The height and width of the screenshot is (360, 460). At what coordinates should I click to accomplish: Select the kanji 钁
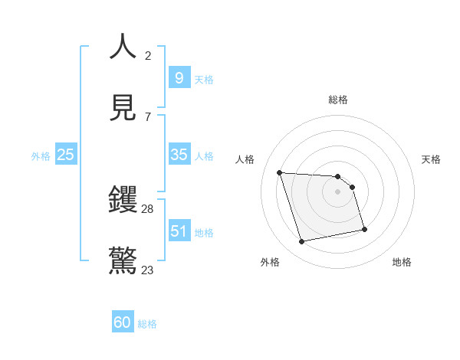click(x=123, y=201)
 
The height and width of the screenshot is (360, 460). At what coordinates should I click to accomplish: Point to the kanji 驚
click(x=123, y=260)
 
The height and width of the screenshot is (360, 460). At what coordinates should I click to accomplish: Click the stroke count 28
click(x=148, y=209)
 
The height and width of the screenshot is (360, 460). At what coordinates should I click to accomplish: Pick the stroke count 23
click(x=148, y=270)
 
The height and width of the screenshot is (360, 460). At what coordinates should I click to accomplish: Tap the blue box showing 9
click(x=179, y=78)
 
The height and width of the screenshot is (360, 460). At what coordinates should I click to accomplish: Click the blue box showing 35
click(x=179, y=155)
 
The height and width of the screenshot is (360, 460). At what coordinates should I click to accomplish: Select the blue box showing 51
click(x=179, y=231)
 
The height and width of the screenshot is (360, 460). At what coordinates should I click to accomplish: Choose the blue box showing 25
click(x=65, y=155)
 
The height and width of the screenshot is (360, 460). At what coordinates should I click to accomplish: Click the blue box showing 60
click(x=123, y=322)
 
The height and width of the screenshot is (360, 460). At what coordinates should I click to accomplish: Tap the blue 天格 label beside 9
click(x=204, y=80)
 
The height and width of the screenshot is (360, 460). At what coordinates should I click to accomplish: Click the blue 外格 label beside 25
click(x=41, y=156)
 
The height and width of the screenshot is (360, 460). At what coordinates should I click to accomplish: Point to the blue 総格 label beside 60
click(x=147, y=324)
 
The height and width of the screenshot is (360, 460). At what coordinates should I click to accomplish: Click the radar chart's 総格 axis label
click(x=338, y=100)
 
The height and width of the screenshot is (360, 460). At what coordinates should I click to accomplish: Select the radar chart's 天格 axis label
click(x=431, y=159)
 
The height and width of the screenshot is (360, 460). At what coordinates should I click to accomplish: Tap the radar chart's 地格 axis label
click(x=402, y=262)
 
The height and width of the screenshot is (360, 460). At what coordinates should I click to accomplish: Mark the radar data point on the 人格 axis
click(x=280, y=172)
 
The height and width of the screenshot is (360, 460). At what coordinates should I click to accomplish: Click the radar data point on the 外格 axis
click(x=302, y=242)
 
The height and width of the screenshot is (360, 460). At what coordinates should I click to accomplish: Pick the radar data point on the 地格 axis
click(x=364, y=229)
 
